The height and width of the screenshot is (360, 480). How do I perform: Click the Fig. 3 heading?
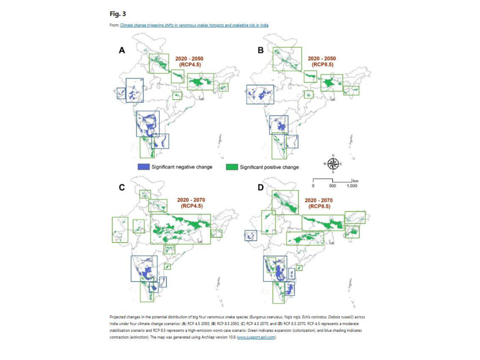[117, 14]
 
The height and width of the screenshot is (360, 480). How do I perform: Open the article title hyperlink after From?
[194, 25]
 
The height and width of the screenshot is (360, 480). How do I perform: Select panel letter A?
[122, 50]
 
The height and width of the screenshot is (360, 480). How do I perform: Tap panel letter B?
[261, 50]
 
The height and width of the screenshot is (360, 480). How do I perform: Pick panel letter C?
[122, 188]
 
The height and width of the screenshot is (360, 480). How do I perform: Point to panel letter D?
[261, 188]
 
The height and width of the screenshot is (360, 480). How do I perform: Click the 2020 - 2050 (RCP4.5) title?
[189, 61]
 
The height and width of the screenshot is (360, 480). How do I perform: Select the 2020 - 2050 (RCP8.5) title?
[322, 61]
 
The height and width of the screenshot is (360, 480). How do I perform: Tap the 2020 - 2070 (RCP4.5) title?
[191, 203]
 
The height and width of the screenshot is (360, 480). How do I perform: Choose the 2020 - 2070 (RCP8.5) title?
[319, 203]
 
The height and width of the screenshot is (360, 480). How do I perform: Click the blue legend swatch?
[144, 167]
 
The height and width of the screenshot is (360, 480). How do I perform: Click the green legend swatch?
[232, 167]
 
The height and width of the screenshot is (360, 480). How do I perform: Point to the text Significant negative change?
[182, 167]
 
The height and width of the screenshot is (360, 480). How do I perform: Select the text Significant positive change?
[269, 167]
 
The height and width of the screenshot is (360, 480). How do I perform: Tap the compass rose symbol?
[333, 164]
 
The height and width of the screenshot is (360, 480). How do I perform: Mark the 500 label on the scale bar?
[332, 186]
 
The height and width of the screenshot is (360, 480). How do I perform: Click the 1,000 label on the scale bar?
[352, 186]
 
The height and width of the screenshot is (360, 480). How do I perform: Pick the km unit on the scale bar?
[356, 181]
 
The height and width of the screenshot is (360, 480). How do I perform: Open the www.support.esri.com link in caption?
[256, 337]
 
